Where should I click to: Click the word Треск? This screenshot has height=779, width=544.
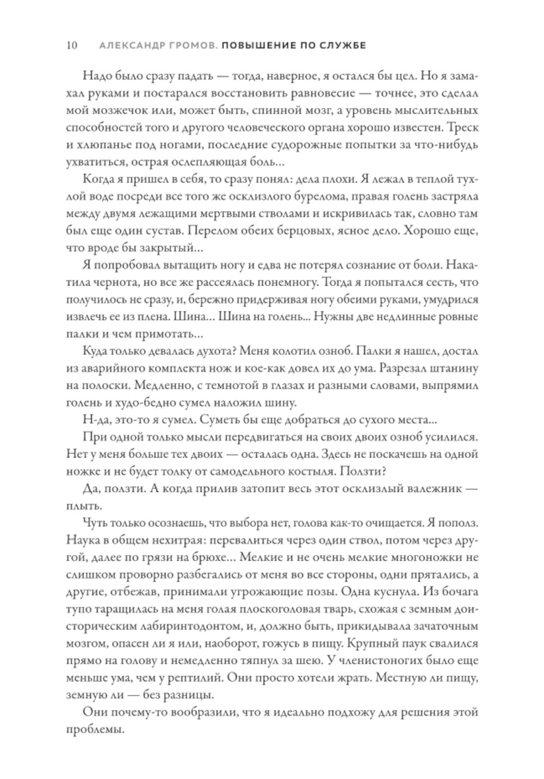click(464, 130)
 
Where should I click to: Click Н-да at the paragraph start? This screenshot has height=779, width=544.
click(95, 420)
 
